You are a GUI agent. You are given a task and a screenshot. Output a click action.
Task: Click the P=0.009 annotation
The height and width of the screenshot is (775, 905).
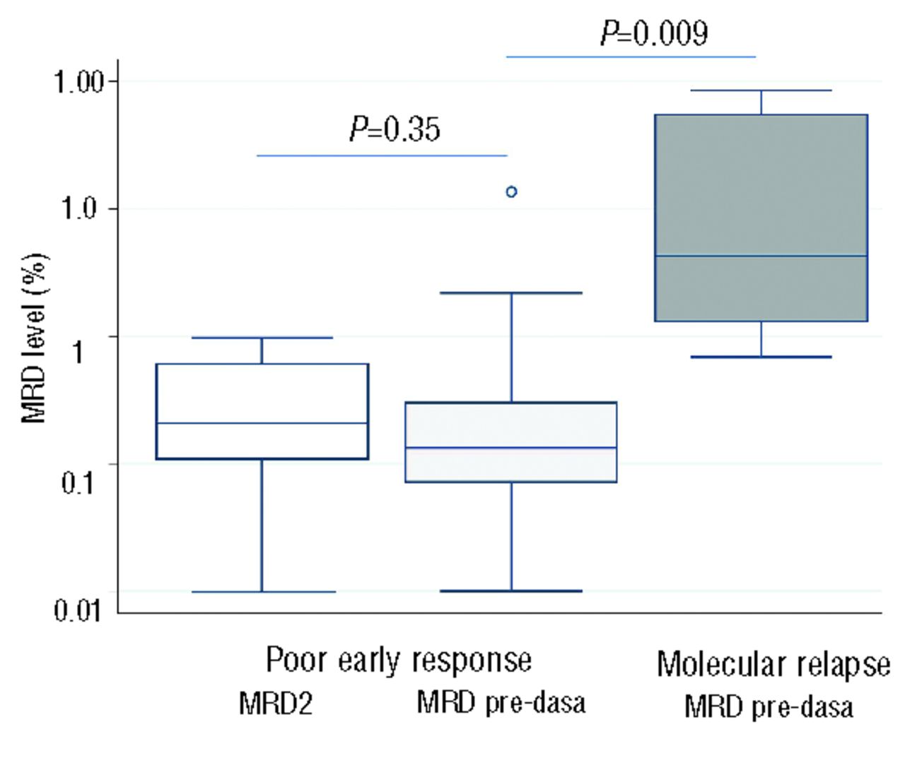tap(654, 32)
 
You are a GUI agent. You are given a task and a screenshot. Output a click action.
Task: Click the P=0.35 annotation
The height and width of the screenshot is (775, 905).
tap(395, 129)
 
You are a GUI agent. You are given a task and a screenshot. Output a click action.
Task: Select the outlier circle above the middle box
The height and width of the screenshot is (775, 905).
tap(511, 191)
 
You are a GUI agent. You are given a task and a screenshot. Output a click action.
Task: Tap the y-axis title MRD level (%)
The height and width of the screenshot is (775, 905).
tap(35, 338)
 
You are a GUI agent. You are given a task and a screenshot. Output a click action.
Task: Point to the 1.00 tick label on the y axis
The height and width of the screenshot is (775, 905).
tap(78, 82)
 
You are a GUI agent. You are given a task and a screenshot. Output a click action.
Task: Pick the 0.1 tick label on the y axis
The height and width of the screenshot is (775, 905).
tap(78, 483)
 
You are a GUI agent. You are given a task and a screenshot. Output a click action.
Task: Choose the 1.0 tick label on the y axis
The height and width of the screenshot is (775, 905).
tap(78, 209)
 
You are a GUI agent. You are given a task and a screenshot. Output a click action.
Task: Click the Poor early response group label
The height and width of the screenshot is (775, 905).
tap(399, 660)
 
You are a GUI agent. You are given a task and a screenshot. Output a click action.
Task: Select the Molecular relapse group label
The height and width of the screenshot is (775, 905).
tap(773, 664)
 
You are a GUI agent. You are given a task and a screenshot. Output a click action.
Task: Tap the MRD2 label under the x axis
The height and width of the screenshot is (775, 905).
tap(275, 704)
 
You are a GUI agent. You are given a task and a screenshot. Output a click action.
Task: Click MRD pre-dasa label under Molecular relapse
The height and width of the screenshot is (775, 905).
tap(769, 706)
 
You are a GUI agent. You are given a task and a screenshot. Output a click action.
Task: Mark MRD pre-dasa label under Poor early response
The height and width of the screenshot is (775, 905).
tap(501, 702)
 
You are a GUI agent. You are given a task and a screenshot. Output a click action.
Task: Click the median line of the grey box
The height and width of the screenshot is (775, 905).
tap(761, 256)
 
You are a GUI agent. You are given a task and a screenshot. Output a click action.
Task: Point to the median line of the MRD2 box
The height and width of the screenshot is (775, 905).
tap(262, 423)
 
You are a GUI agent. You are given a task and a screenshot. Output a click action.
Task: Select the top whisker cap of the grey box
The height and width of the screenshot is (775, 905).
tap(761, 90)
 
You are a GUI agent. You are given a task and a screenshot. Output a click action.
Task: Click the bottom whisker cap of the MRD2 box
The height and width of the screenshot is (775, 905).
tap(263, 591)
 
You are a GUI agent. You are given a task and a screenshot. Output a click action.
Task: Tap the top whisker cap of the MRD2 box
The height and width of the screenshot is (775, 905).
tap(262, 338)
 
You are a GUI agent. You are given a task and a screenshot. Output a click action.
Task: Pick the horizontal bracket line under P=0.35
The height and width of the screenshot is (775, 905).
tap(382, 155)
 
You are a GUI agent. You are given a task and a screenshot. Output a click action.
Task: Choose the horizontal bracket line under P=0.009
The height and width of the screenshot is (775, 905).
tap(631, 57)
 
